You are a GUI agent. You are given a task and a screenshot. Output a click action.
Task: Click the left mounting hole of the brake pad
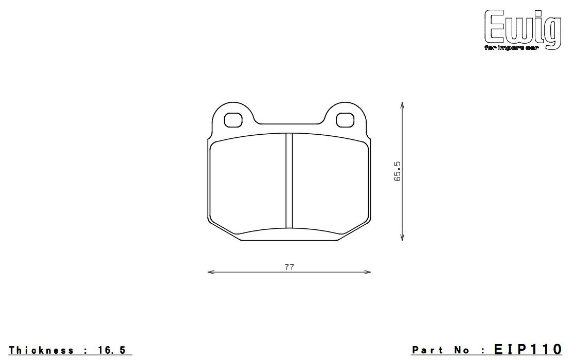tap(233, 120)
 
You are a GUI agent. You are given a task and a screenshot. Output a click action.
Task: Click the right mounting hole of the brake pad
tap(346, 120)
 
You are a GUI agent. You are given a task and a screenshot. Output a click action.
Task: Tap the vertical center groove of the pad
tap(289, 181)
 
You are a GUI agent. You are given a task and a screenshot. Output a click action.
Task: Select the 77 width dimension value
tap(290, 267)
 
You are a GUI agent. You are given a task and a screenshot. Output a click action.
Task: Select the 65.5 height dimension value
tap(398, 171)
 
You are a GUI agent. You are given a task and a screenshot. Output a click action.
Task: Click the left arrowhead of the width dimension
tap(211, 272)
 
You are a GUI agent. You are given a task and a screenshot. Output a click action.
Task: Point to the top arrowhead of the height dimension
tap(402, 105)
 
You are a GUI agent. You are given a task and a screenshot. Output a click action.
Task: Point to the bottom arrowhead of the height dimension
tap(402, 237)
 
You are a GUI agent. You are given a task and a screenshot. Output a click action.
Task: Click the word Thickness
tap(41, 350)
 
